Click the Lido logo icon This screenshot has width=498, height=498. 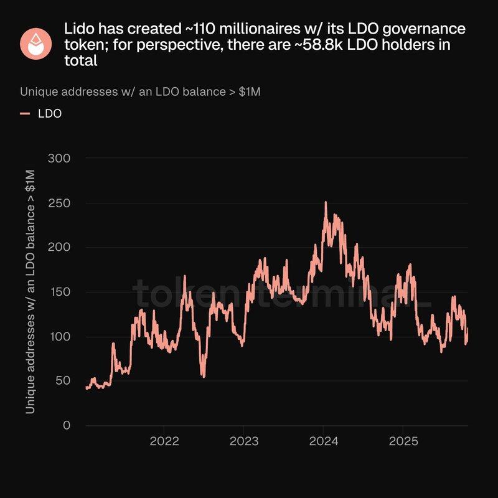[x=36, y=43]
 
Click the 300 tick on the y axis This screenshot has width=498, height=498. [x=59, y=159]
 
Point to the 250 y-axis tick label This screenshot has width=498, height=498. [x=59, y=204]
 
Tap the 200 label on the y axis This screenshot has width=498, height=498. [x=59, y=248]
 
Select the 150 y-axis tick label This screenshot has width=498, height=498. [x=59, y=292]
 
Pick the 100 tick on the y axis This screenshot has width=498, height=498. [x=59, y=337]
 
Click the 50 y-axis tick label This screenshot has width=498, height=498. [x=62, y=381]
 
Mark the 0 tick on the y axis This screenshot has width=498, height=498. [x=66, y=426]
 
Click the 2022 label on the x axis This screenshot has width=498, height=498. [x=164, y=442]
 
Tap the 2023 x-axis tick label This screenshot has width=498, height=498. [x=243, y=442]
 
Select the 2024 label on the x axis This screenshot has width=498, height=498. [x=323, y=442]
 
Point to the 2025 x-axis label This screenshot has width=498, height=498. [x=403, y=442]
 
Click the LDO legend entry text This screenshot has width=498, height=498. [x=50, y=114]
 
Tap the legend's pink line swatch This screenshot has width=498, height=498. [x=26, y=114]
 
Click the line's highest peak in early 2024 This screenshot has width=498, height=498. [x=326, y=202]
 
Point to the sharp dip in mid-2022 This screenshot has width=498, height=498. [x=203, y=376]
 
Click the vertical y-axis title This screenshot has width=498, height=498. [x=31, y=292]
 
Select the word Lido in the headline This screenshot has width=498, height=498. [x=79, y=29]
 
